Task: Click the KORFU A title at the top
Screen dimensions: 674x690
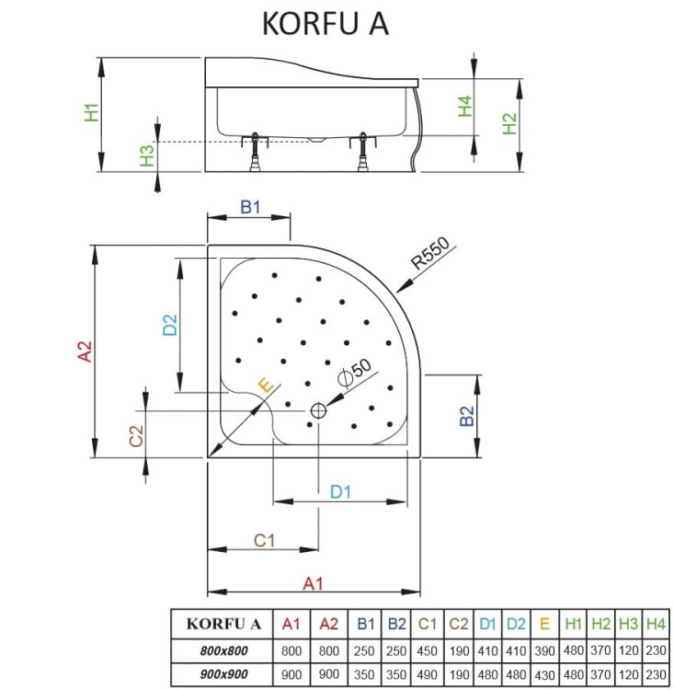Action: pos(326,23)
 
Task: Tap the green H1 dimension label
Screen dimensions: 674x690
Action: pos(92,112)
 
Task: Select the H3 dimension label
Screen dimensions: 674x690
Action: pos(147,155)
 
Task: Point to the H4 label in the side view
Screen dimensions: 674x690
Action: pos(464,106)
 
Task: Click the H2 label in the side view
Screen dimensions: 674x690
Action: pos(509,123)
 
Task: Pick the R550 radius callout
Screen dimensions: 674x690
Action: pos(430,253)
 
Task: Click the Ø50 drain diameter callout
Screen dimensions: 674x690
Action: pos(355,374)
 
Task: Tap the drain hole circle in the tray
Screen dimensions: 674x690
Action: pos(318,411)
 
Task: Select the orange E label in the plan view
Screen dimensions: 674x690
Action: pos(266,385)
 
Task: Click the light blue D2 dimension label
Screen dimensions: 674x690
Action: pos(170,325)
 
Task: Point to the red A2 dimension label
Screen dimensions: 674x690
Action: pos(85,351)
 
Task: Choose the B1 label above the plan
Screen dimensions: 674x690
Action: pos(250,206)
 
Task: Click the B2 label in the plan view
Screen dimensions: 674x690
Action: pos(467,416)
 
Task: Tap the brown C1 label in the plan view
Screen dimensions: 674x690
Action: pos(265,540)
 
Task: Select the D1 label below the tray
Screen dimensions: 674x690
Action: pos(340,491)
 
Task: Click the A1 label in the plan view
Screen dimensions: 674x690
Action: pos(314,583)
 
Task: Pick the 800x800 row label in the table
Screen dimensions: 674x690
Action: pos(224,650)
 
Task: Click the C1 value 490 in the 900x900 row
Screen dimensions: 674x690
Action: pos(427,674)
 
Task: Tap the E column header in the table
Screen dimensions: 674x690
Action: pos(544,624)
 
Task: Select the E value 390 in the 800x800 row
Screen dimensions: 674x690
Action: pos(544,650)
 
